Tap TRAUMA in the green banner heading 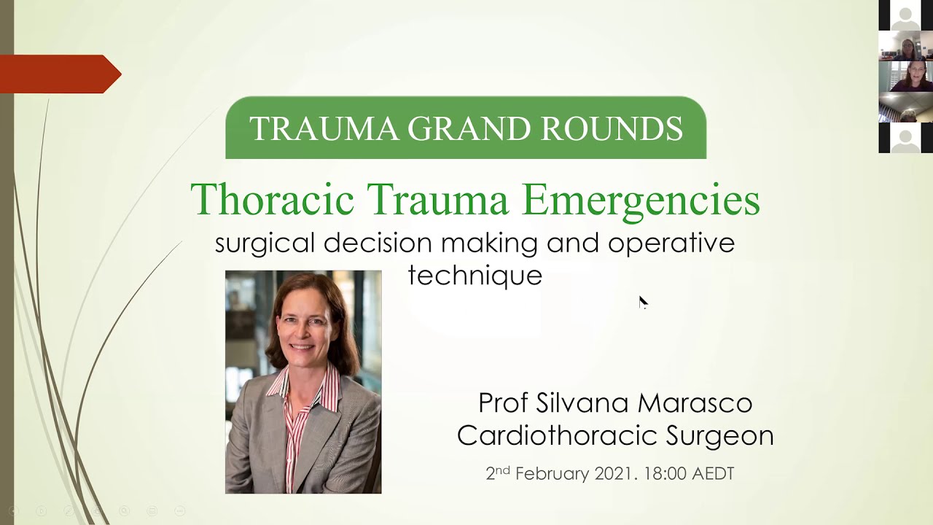click(324, 128)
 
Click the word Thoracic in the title click(273, 199)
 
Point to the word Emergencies click(641, 201)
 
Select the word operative click(671, 244)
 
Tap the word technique click(475, 276)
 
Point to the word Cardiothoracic click(555, 435)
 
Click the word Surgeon click(719, 436)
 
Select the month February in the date click(552, 474)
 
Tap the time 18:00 click(665, 474)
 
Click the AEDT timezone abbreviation click(712, 474)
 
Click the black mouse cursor click(642, 302)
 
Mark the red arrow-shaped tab click(58, 74)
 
